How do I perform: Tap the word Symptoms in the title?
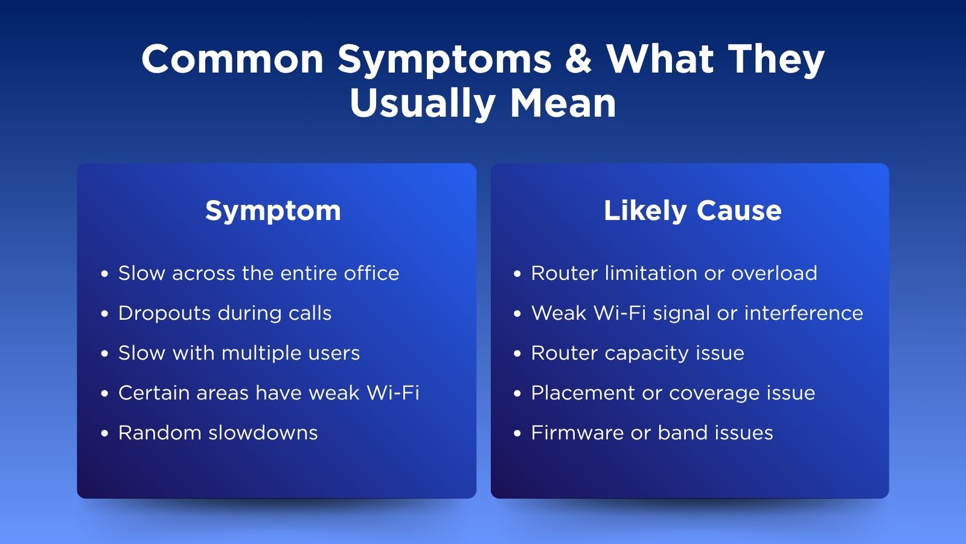(x=444, y=60)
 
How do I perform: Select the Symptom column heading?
(x=273, y=212)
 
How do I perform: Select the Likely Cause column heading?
(x=693, y=211)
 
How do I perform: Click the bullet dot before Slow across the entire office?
(x=104, y=274)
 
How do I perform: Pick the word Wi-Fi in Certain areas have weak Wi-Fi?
(x=392, y=393)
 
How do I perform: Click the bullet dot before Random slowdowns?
(x=104, y=433)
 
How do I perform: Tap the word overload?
(x=774, y=273)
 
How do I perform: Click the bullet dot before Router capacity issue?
(x=517, y=354)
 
